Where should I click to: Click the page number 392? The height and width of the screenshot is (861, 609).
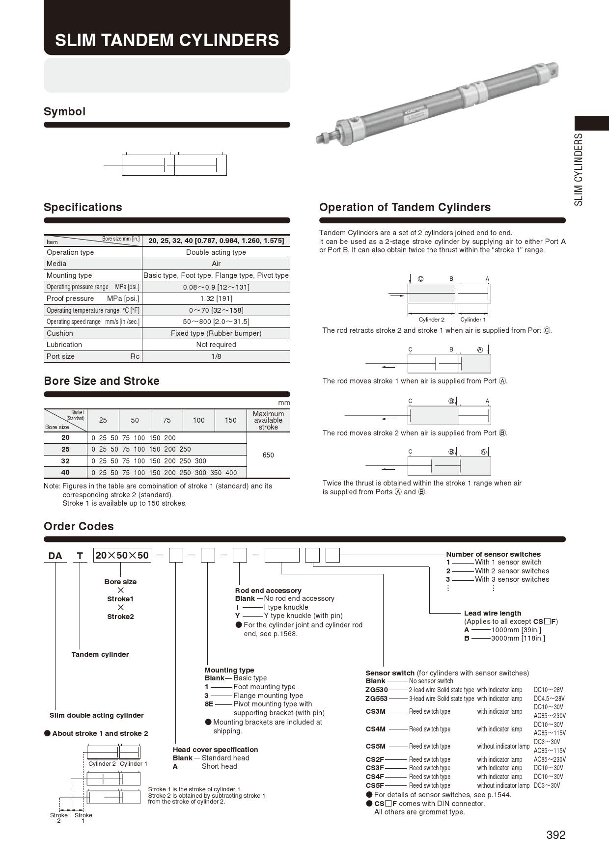coord(555,835)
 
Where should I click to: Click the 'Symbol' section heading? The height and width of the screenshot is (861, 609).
coord(64,111)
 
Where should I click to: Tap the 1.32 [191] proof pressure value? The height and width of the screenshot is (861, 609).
coord(216,298)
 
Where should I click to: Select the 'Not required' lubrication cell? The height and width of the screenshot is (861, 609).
coord(216,345)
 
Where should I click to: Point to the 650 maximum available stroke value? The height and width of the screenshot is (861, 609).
coord(268,455)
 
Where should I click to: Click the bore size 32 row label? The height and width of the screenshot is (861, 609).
coord(65,461)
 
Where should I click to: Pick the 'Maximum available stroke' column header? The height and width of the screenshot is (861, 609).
coord(268,420)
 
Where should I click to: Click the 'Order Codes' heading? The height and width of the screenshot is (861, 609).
coord(79,526)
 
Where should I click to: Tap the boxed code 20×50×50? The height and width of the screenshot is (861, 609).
coord(122,555)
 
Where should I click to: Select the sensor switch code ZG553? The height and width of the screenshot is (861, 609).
coord(377,699)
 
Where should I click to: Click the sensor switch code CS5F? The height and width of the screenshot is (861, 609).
coord(375,785)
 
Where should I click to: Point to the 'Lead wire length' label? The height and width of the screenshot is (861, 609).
coord(493,613)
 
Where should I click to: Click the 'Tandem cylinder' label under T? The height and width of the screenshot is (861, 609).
coord(100,654)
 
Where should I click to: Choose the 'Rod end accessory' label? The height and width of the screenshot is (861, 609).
coord(268,591)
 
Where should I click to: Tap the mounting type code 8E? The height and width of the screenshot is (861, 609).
coord(209,704)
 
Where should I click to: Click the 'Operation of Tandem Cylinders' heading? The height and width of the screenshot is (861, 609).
coord(405,207)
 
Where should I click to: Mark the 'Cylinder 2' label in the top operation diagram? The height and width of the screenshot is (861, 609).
coord(432,320)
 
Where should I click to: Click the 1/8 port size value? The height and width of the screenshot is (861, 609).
coord(216,356)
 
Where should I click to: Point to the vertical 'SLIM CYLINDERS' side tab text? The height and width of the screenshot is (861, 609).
coord(579,169)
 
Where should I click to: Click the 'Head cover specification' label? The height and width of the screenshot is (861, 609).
coord(215,750)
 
